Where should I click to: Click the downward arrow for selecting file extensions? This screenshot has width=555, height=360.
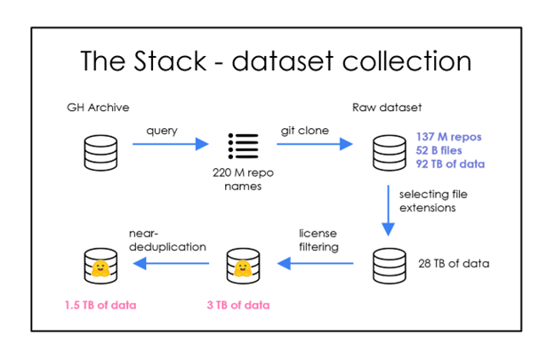click(388, 211)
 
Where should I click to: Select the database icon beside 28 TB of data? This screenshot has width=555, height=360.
click(388, 263)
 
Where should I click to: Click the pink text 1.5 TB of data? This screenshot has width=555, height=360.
click(100, 305)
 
